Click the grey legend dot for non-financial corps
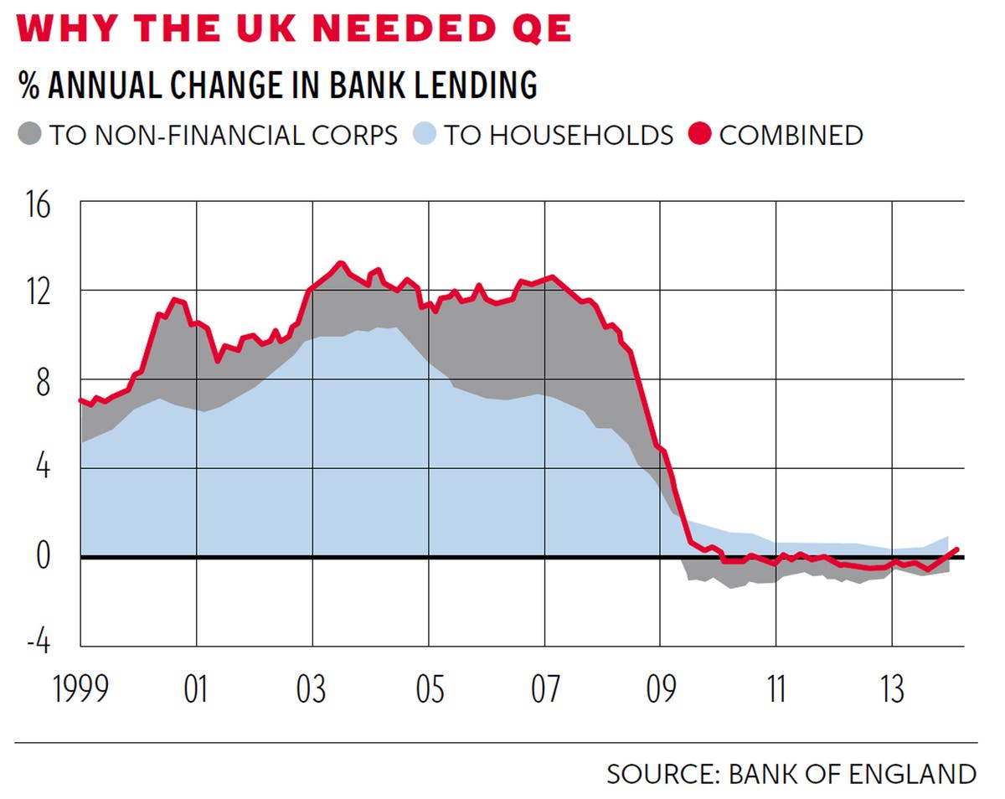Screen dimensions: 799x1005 [x=30, y=134]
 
